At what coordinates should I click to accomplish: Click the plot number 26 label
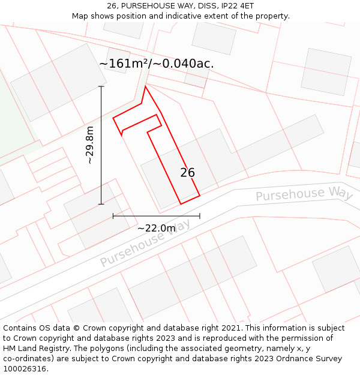[x=187, y=173]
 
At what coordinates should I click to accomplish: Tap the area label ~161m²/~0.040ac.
[x=157, y=64]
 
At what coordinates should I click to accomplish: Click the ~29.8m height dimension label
[x=90, y=145]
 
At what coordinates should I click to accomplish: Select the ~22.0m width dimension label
[x=157, y=228]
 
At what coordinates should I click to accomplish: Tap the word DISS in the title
[x=206, y=6]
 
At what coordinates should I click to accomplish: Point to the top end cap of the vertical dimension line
[x=101, y=86]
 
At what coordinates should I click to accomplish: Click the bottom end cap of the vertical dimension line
[x=101, y=204]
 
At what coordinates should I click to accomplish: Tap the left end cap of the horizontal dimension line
[x=113, y=216]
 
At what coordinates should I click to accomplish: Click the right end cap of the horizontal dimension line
[x=200, y=216]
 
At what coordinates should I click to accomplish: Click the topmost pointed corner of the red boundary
[x=145, y=86]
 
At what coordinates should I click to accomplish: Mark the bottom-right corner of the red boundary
[x=200, y=195]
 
